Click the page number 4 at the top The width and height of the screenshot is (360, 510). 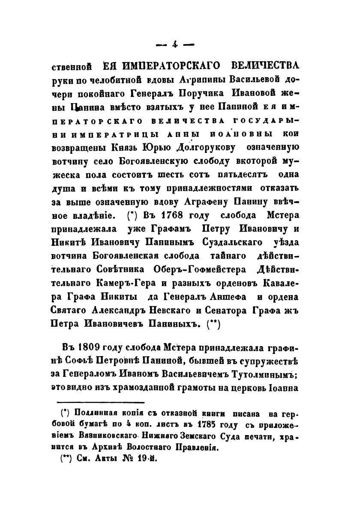point(175,44)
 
